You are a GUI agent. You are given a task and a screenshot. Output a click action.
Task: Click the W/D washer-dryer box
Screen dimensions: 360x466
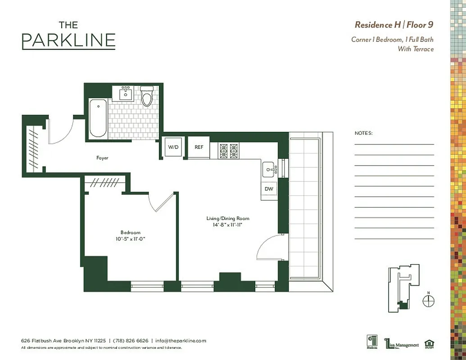click(173, 147)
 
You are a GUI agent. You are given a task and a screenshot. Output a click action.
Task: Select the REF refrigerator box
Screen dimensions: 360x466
click(199, 147)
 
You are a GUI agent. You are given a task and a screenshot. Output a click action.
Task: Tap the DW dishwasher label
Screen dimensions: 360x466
click(269, 189)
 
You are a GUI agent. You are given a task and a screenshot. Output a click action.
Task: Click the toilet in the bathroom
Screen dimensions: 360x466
click(147, 96)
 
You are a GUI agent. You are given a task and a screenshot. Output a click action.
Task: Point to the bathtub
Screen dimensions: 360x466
click(98, 118)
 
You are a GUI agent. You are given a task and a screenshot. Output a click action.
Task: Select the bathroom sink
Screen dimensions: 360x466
click(125, 94)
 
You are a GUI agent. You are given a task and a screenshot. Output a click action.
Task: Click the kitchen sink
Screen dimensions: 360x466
click(270, 169)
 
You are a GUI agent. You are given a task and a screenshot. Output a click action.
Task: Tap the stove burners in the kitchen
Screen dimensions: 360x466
click(228, 151)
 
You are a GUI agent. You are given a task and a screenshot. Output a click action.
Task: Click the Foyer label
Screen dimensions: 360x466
click(102, 158)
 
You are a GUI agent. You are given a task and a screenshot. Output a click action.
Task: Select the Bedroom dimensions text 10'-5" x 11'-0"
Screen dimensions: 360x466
click(130, 239)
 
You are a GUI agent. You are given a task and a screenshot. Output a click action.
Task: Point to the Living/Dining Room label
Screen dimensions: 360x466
click(225, 218)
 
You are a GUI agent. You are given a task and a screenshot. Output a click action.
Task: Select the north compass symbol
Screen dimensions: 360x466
click(429, 300)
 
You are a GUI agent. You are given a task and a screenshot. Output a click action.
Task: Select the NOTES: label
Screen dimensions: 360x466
click(363, 133)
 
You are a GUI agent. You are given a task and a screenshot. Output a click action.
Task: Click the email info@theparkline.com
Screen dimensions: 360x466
click(181, 341)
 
